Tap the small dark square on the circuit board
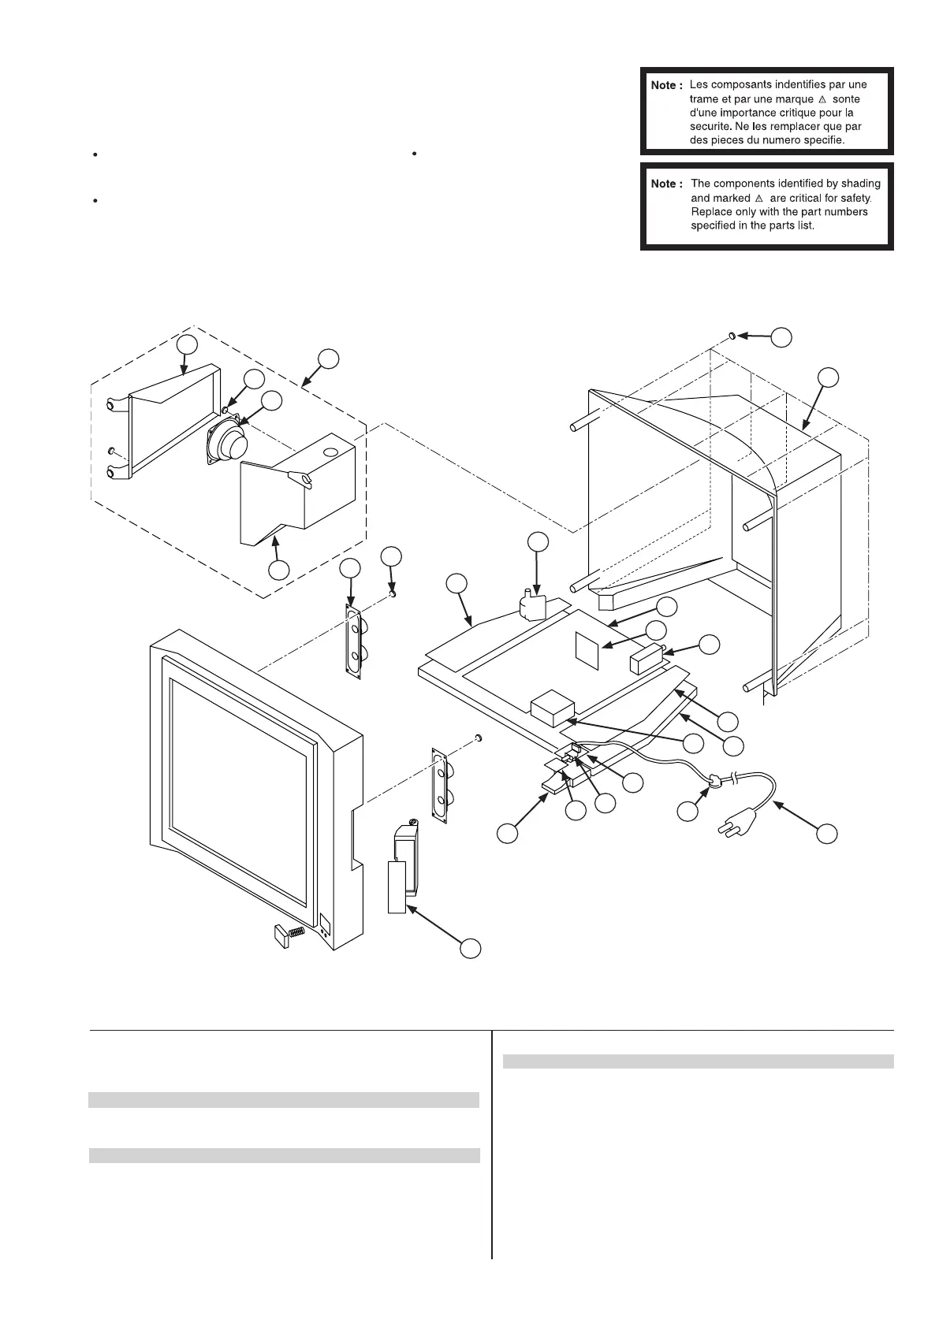pos(587,649)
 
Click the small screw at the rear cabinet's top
pos(732,336)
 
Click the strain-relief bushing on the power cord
pos(714,782)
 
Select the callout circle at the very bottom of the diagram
pos(471,948)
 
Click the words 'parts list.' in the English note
pos(788,225)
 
